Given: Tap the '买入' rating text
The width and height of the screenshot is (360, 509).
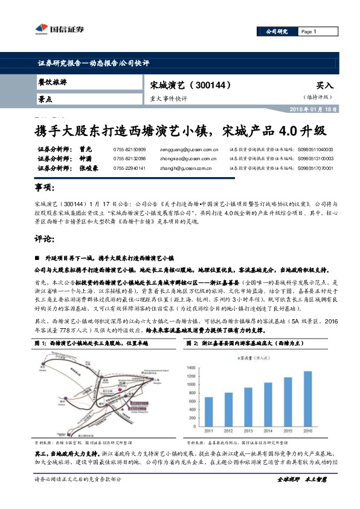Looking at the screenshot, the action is click(x=324, y=86).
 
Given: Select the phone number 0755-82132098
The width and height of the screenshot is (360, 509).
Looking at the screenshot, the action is click(x=129, y=158).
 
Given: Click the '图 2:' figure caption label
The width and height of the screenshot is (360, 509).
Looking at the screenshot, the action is click(x=193, y=343).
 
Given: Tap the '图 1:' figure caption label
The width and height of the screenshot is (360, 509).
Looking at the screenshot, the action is click(x=41, y=343).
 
